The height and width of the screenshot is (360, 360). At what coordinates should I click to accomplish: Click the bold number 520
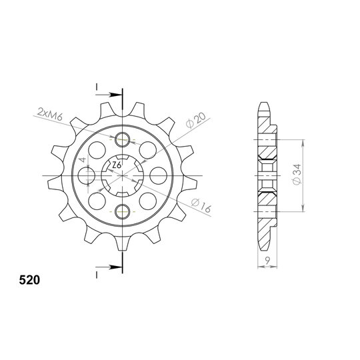click(29, 280)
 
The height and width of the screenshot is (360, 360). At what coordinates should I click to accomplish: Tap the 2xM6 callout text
click(50, 115)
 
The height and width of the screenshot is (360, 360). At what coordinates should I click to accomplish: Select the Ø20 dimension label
click(196, 120)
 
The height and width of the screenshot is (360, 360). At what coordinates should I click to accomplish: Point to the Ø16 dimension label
click(201, 205)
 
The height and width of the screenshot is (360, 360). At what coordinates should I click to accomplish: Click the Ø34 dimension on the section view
click(297, 175)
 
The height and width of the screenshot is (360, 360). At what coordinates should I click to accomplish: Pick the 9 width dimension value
click(267, 260)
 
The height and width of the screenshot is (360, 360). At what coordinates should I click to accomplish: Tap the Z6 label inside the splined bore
click(117, 165)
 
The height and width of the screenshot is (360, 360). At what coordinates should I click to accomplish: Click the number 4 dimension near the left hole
click(83, 160)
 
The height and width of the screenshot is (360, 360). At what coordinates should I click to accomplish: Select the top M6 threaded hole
click(123, 139)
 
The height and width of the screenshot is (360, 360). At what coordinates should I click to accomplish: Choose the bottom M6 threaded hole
click(123, 211)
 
